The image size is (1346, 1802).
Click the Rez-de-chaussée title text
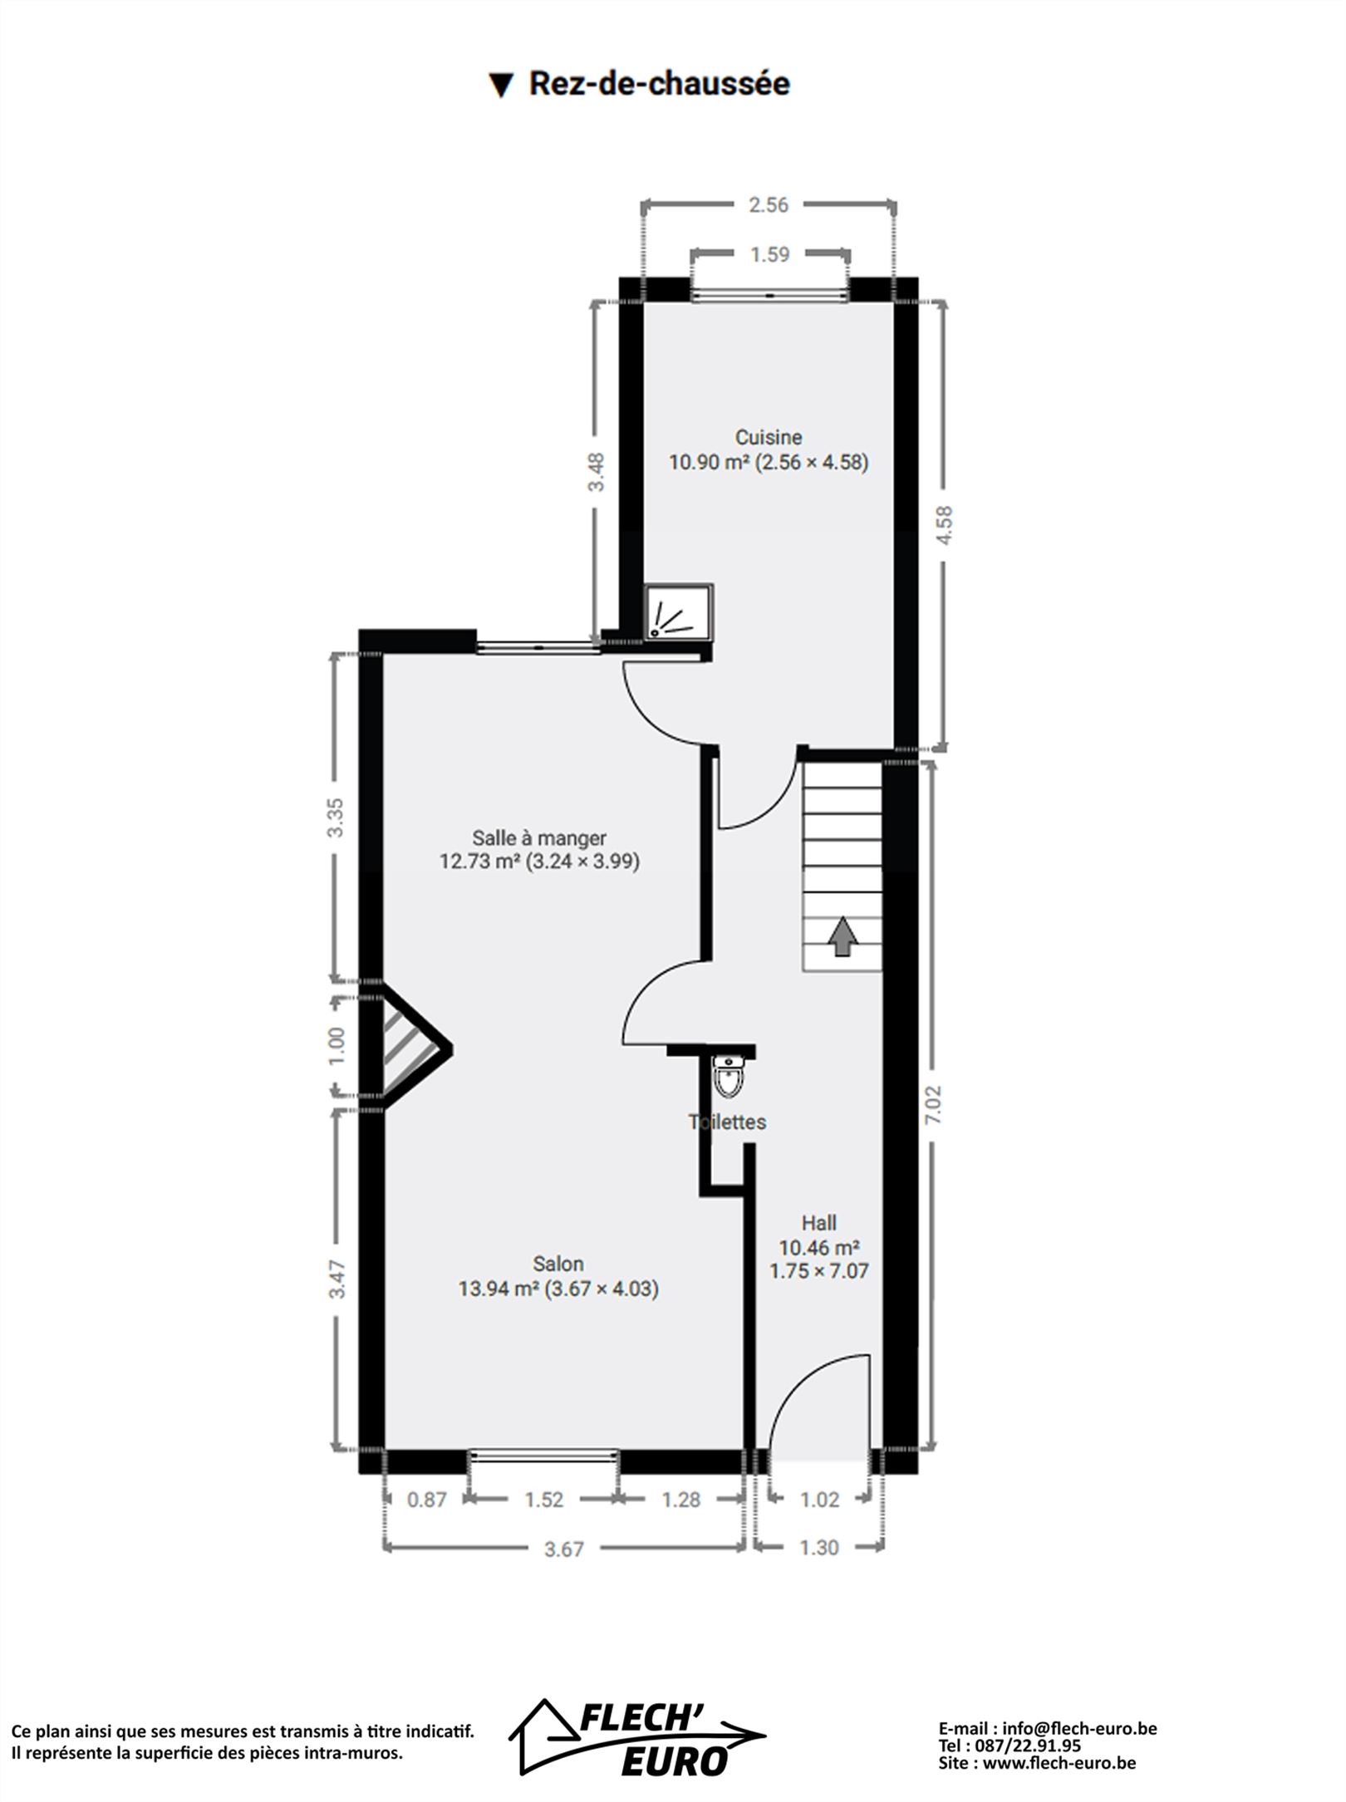pyautogui.click(x=659, y=84)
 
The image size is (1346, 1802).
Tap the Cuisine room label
pyautogui.click(x=769, y=437)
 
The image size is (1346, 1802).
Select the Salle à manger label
pyautogui.click(x=539, y=838)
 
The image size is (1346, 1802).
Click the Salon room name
pyautogui.click(x=558, y=1264)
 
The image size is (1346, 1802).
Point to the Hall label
pyautogui.click(x=819, y=1223)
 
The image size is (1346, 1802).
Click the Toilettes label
pyautogui.click(x=727, y=1122)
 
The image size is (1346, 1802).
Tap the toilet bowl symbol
pyautogui.click(x=729, y=1077)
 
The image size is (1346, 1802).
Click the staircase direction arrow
pyautogui.click(x=843, y=936)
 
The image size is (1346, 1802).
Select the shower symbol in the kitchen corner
pyautogui.click(x=679, y=612)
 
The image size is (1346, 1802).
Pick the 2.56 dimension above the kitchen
pyautogui.click(x=769, y=204)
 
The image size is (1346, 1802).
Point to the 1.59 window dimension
pyautogui.click(x=769, y=254)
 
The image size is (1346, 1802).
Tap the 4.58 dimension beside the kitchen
pyautogui.click(x=944, y=526)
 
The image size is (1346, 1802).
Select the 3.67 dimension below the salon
pyautogui.click(x=564, y=1549)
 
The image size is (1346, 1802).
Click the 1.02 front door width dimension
pyautogui.click(x=819, y=1500)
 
